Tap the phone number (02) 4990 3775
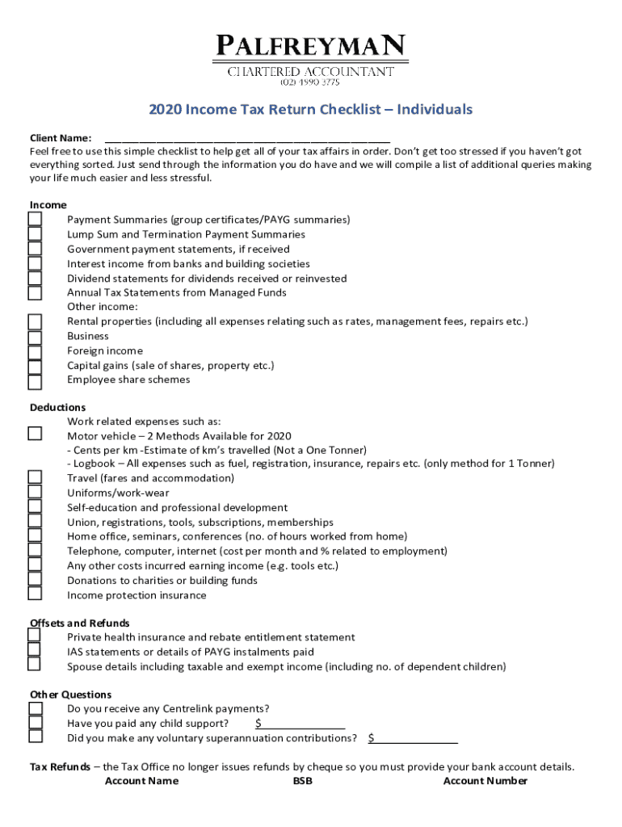(x=310, y=82)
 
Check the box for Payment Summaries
(x=35, y=220)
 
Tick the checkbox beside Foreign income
(x=35, y=351)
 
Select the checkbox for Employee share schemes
(x=35, y=380)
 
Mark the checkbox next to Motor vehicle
(x=35, y=434)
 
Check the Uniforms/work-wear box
(x=35, y=493)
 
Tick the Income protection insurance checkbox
(x=35, y=594)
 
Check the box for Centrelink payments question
(x=35, y=708)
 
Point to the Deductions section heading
(x=57, y=407)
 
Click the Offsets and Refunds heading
(x=79, y=623)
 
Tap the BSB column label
(x=302, y=781)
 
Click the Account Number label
(x=485, y=781)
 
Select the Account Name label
(x=141, y=781)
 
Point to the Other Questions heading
(x=70, y=695)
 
